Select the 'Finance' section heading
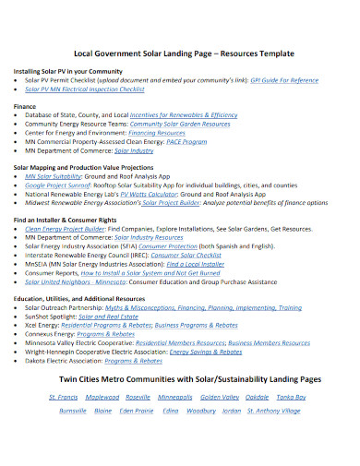click(25, 106)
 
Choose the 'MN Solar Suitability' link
click(54, 174)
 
